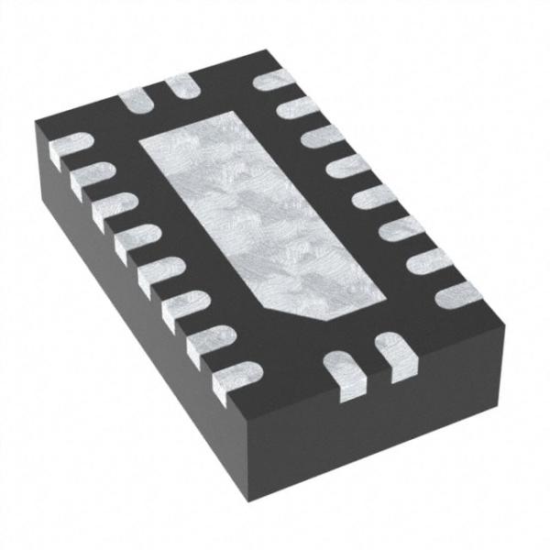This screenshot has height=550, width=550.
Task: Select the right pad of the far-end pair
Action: tap(177, 84)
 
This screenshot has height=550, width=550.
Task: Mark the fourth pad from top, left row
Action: tap(128, 235)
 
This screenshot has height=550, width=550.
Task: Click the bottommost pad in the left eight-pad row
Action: tap(225, 377)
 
